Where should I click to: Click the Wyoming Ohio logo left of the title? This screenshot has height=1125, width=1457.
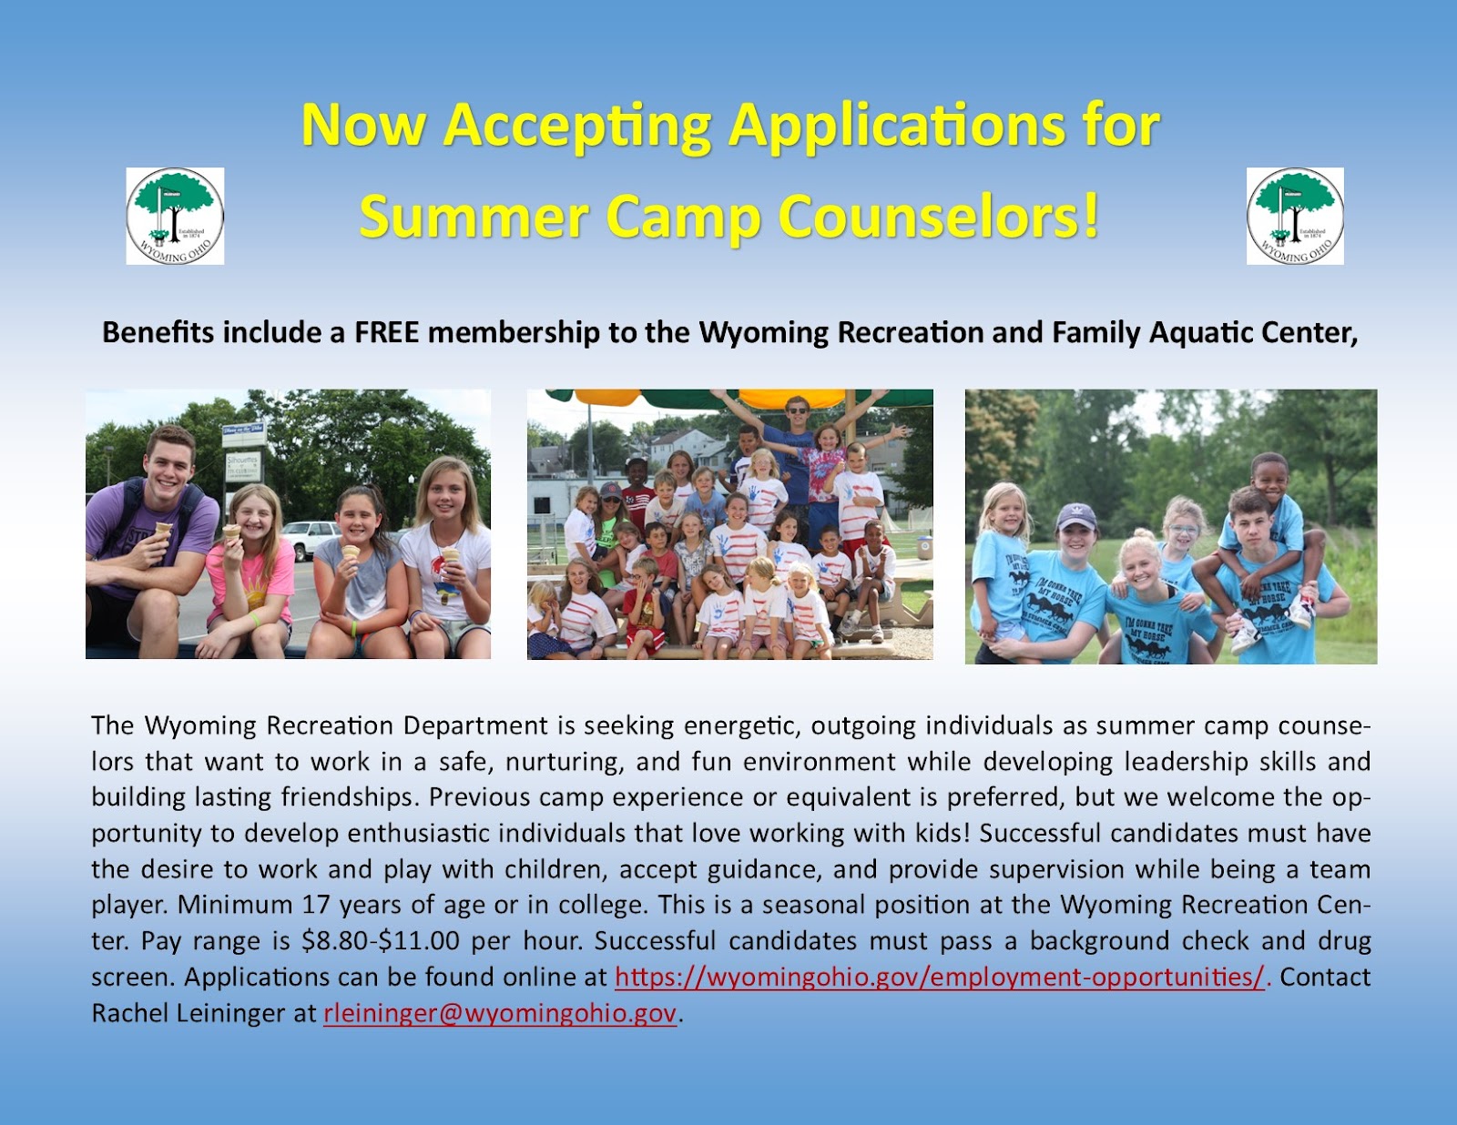point(175,216)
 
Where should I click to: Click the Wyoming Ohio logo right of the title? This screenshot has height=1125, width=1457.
point(1295,216)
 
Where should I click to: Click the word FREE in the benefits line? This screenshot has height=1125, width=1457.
point(386,332)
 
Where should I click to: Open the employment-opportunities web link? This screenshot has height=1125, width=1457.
point(940,977)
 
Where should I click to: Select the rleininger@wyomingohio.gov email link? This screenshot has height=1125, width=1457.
point(500,1012)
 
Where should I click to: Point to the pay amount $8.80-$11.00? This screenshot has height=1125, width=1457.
point(380,941)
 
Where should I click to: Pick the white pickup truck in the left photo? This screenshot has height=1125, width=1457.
point(311,537)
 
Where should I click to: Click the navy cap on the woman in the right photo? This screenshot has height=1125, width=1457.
point(1075,517)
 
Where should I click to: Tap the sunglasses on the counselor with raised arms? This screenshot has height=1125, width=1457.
point(797,410)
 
